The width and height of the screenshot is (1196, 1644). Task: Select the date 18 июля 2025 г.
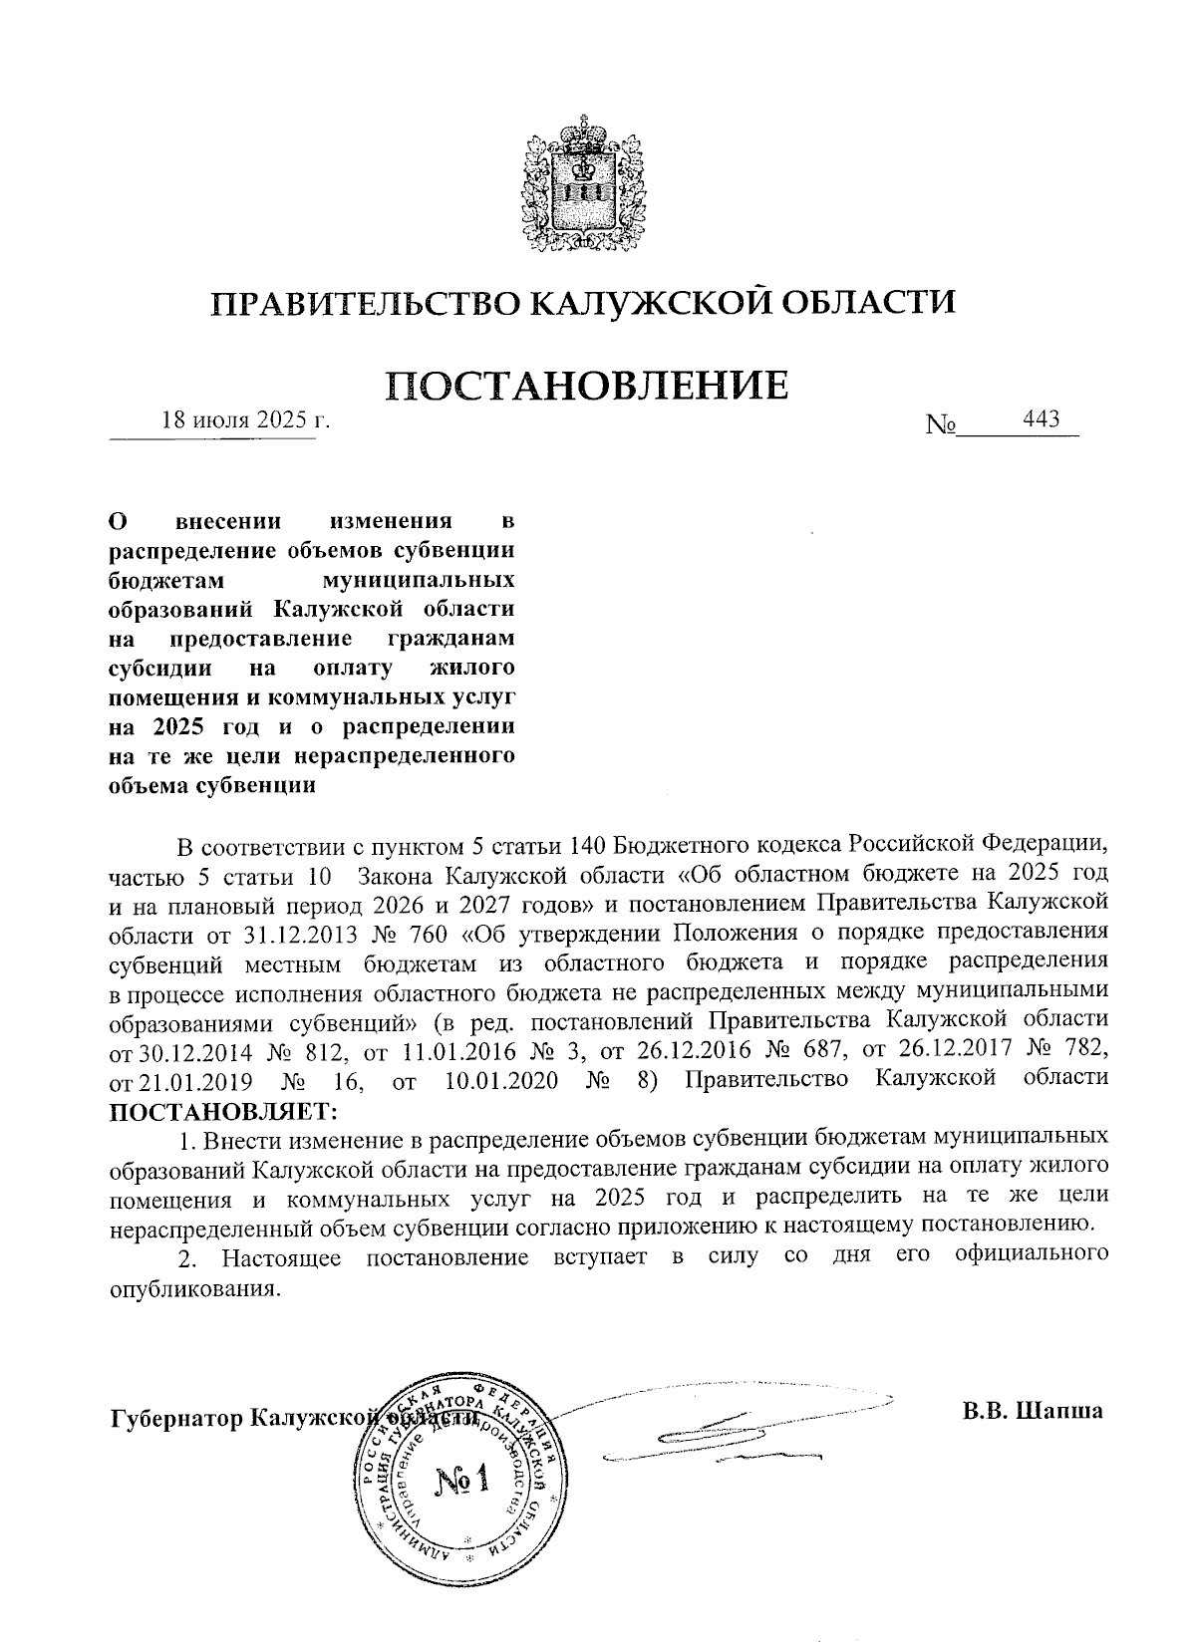(x=245, y=419)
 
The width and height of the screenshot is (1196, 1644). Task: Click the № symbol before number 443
(x=941, y=426)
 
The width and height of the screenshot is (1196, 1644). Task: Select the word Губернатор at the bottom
(x=178, y=1418)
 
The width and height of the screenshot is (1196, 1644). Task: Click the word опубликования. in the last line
(x=191, y=1287)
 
